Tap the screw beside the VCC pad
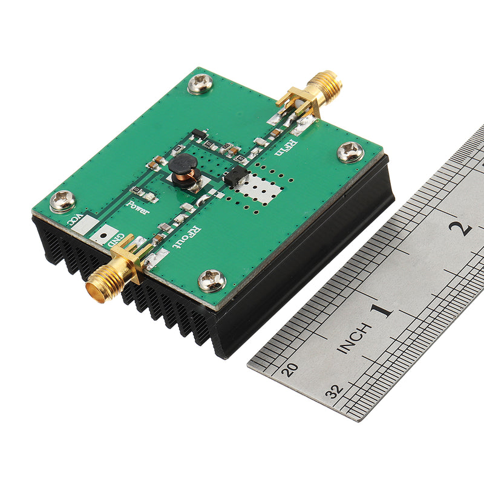(x=62, y=200)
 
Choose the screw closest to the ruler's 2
(x=350, y=151)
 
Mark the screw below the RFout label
(x=212, y=280)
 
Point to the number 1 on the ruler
(x=381, y=311)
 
